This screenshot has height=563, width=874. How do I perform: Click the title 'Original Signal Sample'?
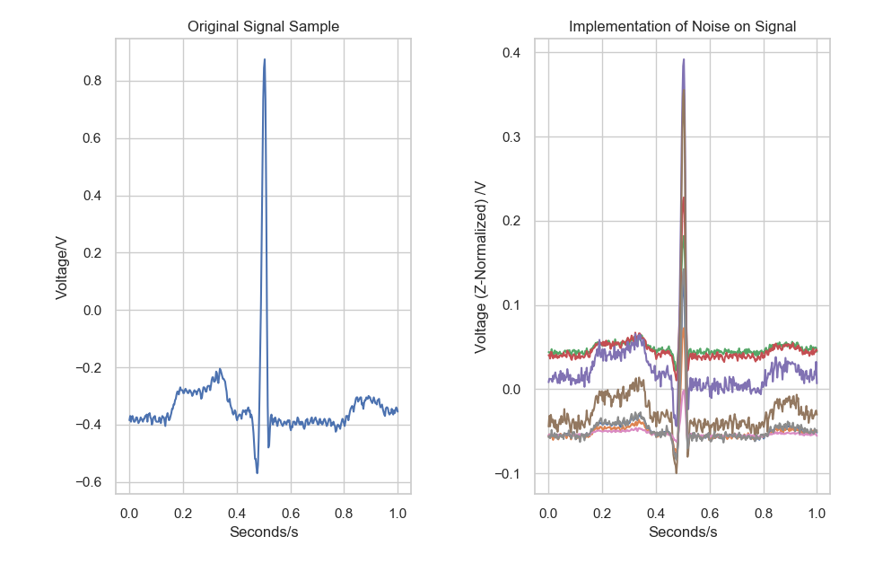(x=263, y=27)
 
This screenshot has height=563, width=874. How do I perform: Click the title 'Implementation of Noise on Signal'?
(x=682, y=27)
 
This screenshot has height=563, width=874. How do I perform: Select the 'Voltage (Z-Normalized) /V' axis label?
(x=482, y=266)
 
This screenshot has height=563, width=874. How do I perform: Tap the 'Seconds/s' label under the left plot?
(x=263, y=532)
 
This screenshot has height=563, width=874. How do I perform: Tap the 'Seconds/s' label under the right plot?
(x=682, y=532)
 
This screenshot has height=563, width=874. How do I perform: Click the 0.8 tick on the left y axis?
(x=94, y=82)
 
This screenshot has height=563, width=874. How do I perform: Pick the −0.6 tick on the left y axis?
(x=90, y=483)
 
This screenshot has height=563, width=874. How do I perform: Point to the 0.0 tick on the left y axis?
(x=94, y=311)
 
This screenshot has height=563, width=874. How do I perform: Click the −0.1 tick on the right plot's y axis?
(x=510, y=474)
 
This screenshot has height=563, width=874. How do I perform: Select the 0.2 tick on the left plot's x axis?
(x=183, y=513)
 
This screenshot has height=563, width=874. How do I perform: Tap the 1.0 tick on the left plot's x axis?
(x=398, y=513)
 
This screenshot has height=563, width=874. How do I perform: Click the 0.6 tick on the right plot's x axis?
(x=710, y=513)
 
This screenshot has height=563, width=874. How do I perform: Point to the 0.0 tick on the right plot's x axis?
(x=549, y=513)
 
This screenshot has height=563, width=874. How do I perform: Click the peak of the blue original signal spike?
(x=264, y=60)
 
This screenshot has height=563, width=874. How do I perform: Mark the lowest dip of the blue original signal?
(x=257, y=472)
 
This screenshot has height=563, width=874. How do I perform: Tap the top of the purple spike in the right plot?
(x=684, y=60)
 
